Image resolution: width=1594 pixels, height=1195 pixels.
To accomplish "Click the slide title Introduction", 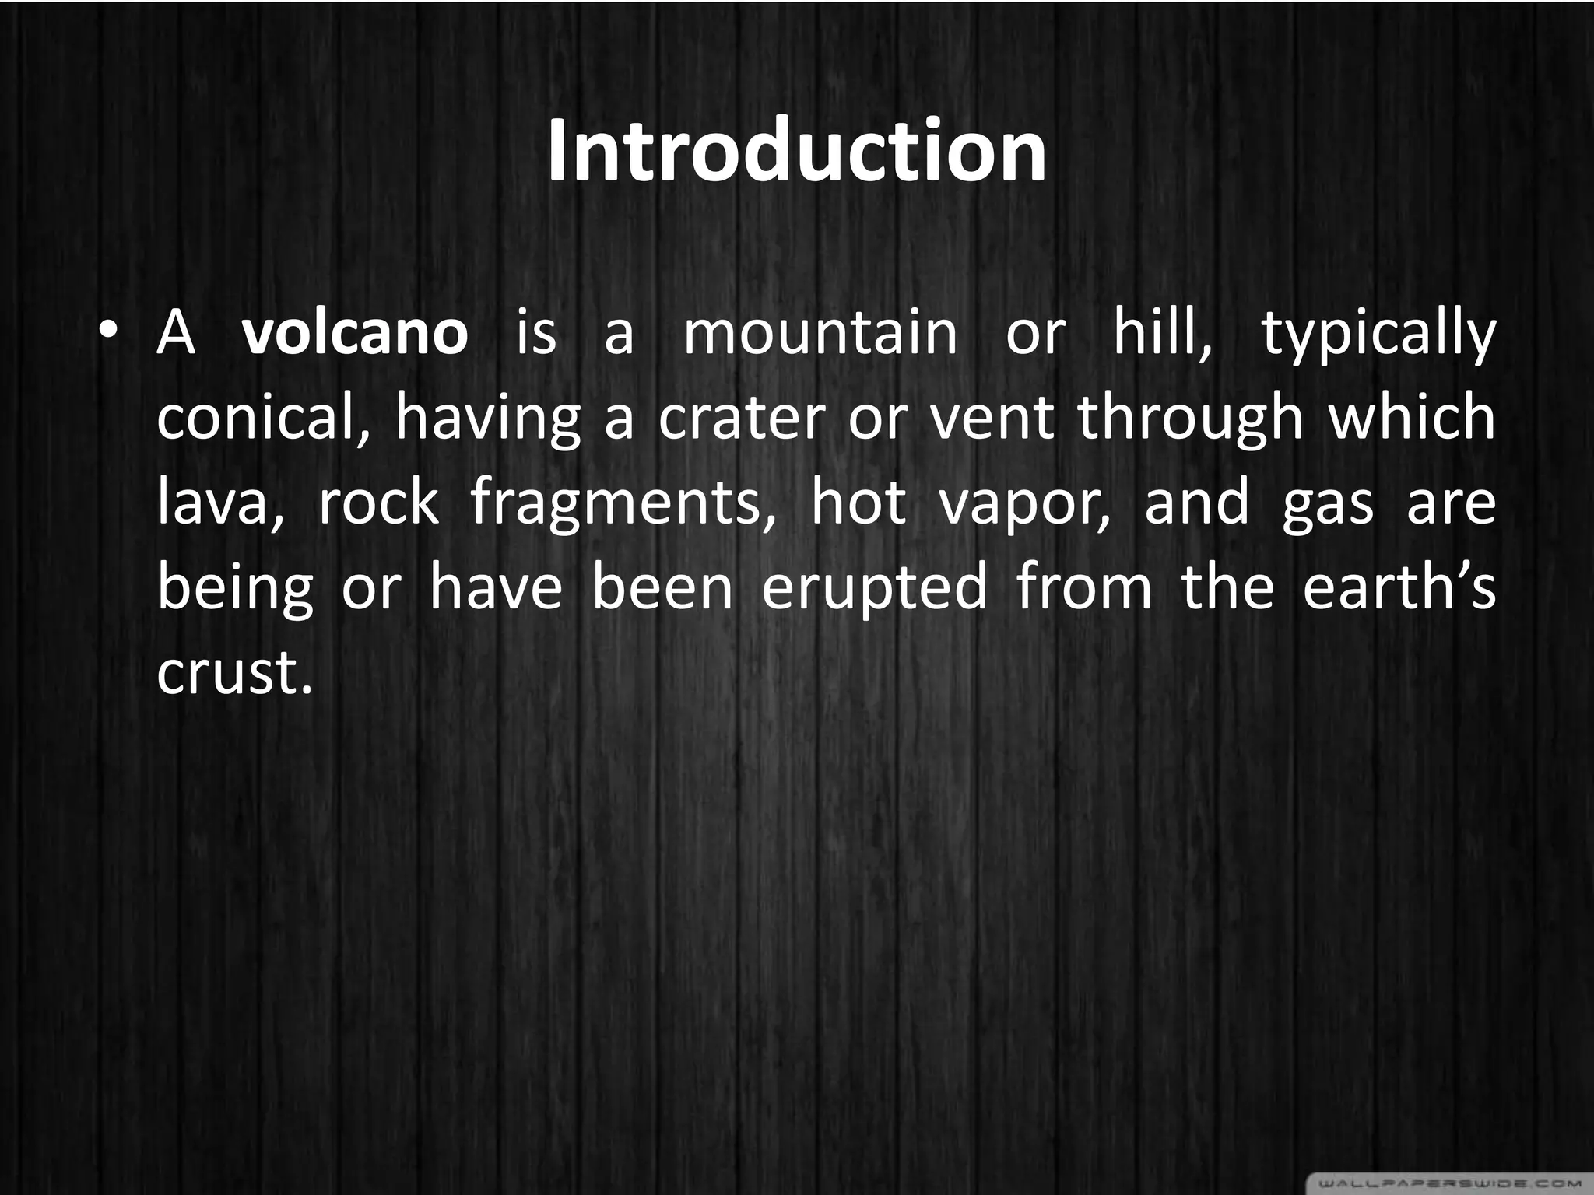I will [796, 151].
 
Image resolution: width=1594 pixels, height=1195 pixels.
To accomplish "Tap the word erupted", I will [875, 590].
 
